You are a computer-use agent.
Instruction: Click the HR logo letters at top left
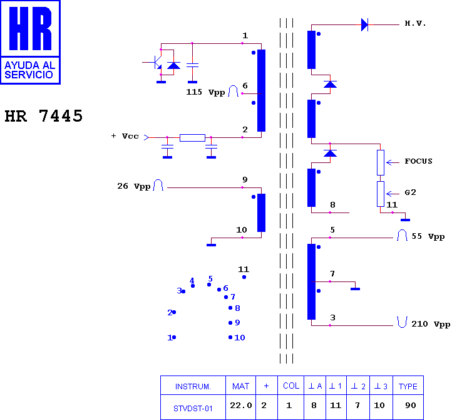click(30, 28)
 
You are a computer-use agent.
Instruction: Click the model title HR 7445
click(44, 116)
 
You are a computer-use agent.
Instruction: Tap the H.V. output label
click(415, 23)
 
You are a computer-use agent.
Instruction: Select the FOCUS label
click(418, 161)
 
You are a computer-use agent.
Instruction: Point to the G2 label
click(410, 192)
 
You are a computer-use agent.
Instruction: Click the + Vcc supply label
click(125, 136)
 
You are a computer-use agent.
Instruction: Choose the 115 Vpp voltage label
click(205, 92)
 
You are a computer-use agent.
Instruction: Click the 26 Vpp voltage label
click(134, 186)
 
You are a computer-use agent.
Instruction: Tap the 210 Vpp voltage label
click(431, 324)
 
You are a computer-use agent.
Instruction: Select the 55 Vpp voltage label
click(428, 236)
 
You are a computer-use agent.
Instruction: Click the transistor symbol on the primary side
click(157, 62)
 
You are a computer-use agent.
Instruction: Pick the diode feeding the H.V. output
click(364, 24)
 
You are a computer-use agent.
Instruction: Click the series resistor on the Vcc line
click(192, 138)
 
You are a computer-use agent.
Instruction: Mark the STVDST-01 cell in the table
click(193, 409)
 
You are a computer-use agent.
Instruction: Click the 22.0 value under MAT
click(240, 406)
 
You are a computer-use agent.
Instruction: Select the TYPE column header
click(408, 387)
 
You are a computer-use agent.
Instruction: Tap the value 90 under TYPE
click(411, 406)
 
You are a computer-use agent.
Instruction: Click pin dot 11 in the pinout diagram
click(244, 277)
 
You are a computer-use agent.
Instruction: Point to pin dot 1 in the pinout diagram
click(174, 337)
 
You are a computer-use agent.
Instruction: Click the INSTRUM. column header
click(193, 387)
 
